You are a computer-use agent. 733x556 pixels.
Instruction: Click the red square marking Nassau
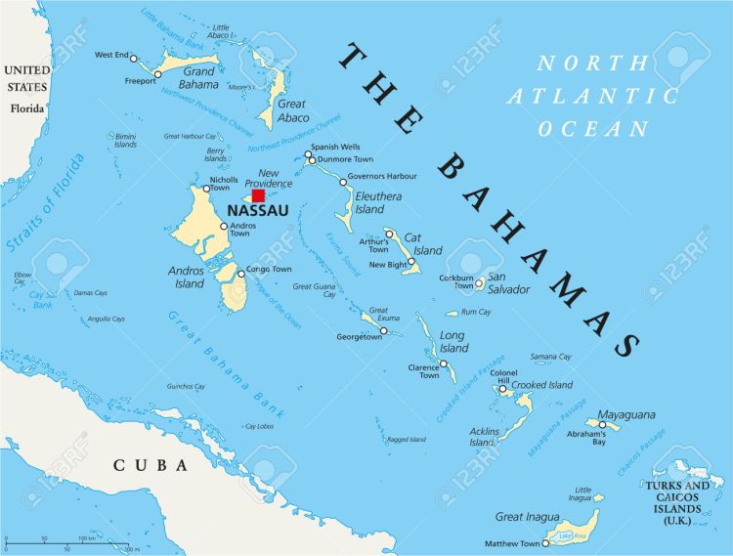point(258,195)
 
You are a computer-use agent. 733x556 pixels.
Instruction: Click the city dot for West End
point(134,59)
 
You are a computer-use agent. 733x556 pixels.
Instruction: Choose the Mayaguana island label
point(625,415)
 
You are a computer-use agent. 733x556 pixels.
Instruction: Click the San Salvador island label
point(509,283)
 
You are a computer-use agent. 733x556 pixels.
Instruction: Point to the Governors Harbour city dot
point(343,182)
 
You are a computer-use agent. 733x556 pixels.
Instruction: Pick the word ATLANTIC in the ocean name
point(592,96)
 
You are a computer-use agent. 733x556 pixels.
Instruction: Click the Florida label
point(27,107)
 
